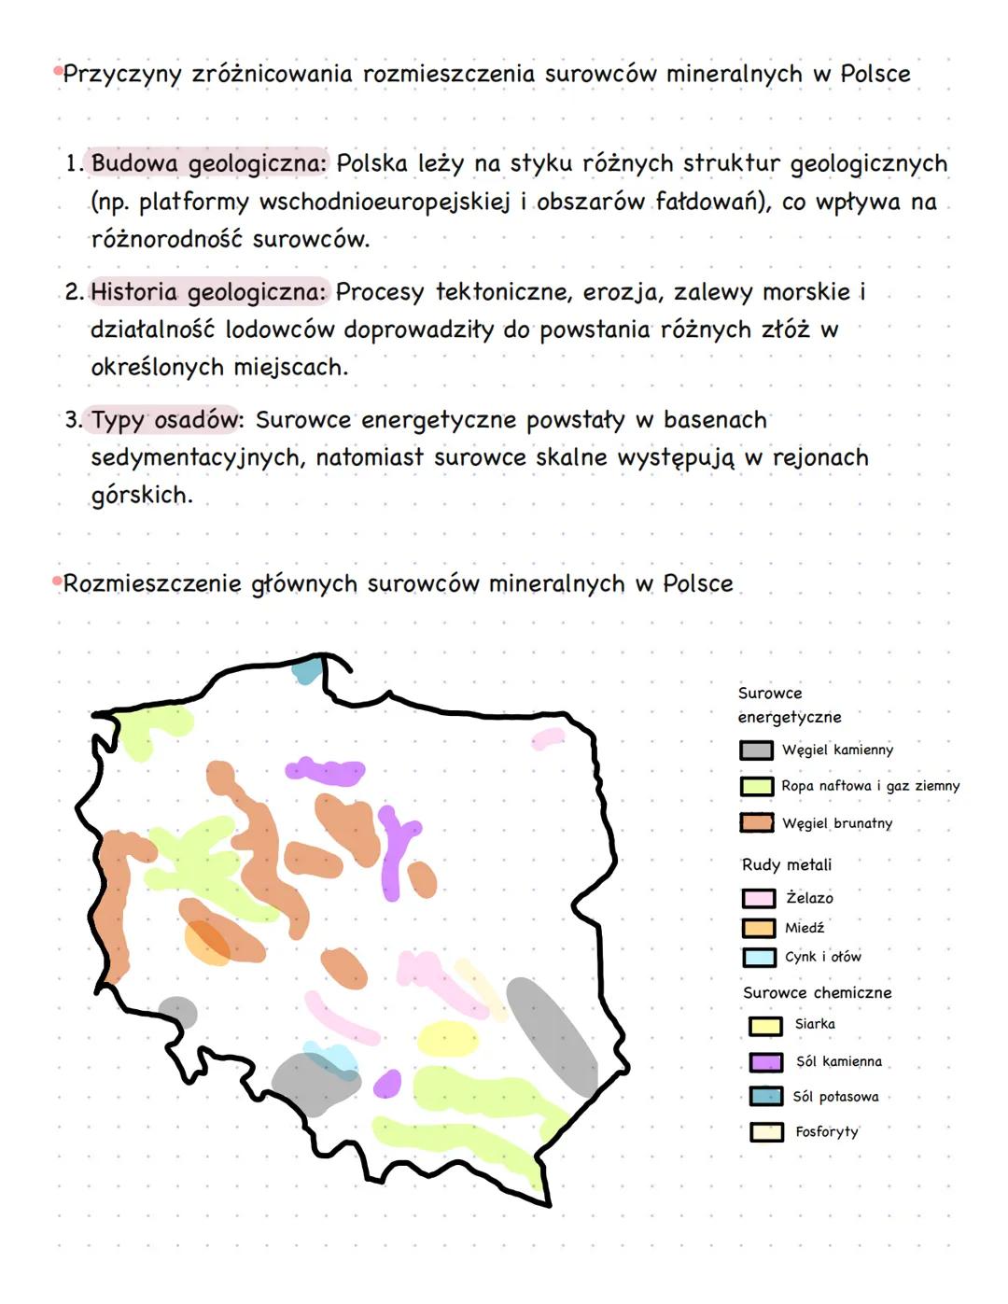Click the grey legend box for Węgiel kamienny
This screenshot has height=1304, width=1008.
(x=756, y=750)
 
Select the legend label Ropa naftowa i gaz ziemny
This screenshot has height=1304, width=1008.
(x=870, y=786)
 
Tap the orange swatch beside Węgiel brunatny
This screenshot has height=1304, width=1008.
(x=757, y=822)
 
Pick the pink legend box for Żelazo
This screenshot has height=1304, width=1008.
(x=758, y=898)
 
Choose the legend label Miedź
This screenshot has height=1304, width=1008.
(x=804, y=928)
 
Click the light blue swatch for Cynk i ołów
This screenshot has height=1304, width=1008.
(x=758, y=958)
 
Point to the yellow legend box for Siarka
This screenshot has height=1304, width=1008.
(x=765, y=1025)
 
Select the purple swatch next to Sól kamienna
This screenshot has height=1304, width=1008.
(x=765, y=1062)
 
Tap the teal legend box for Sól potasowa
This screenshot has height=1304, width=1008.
(x=765, y=1097)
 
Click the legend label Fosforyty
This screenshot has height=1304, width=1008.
(x=826, y=1132)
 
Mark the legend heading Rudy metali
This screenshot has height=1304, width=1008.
(x=786, y=865)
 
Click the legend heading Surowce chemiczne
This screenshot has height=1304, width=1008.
(x=817, y=993)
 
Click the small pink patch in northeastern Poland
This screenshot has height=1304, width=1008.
(x=548, y=738)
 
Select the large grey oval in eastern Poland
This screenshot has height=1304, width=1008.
(x=552, y=1036)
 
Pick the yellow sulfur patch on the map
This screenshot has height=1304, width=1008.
(x=448, y=1038)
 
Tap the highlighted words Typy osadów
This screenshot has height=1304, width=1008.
(x=166, y=421)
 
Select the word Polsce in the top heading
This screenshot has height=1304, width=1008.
(x=875, y=75)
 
